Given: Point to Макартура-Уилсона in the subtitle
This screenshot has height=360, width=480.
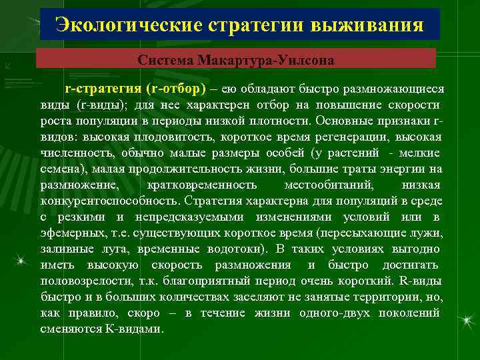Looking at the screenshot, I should [263, 60].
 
